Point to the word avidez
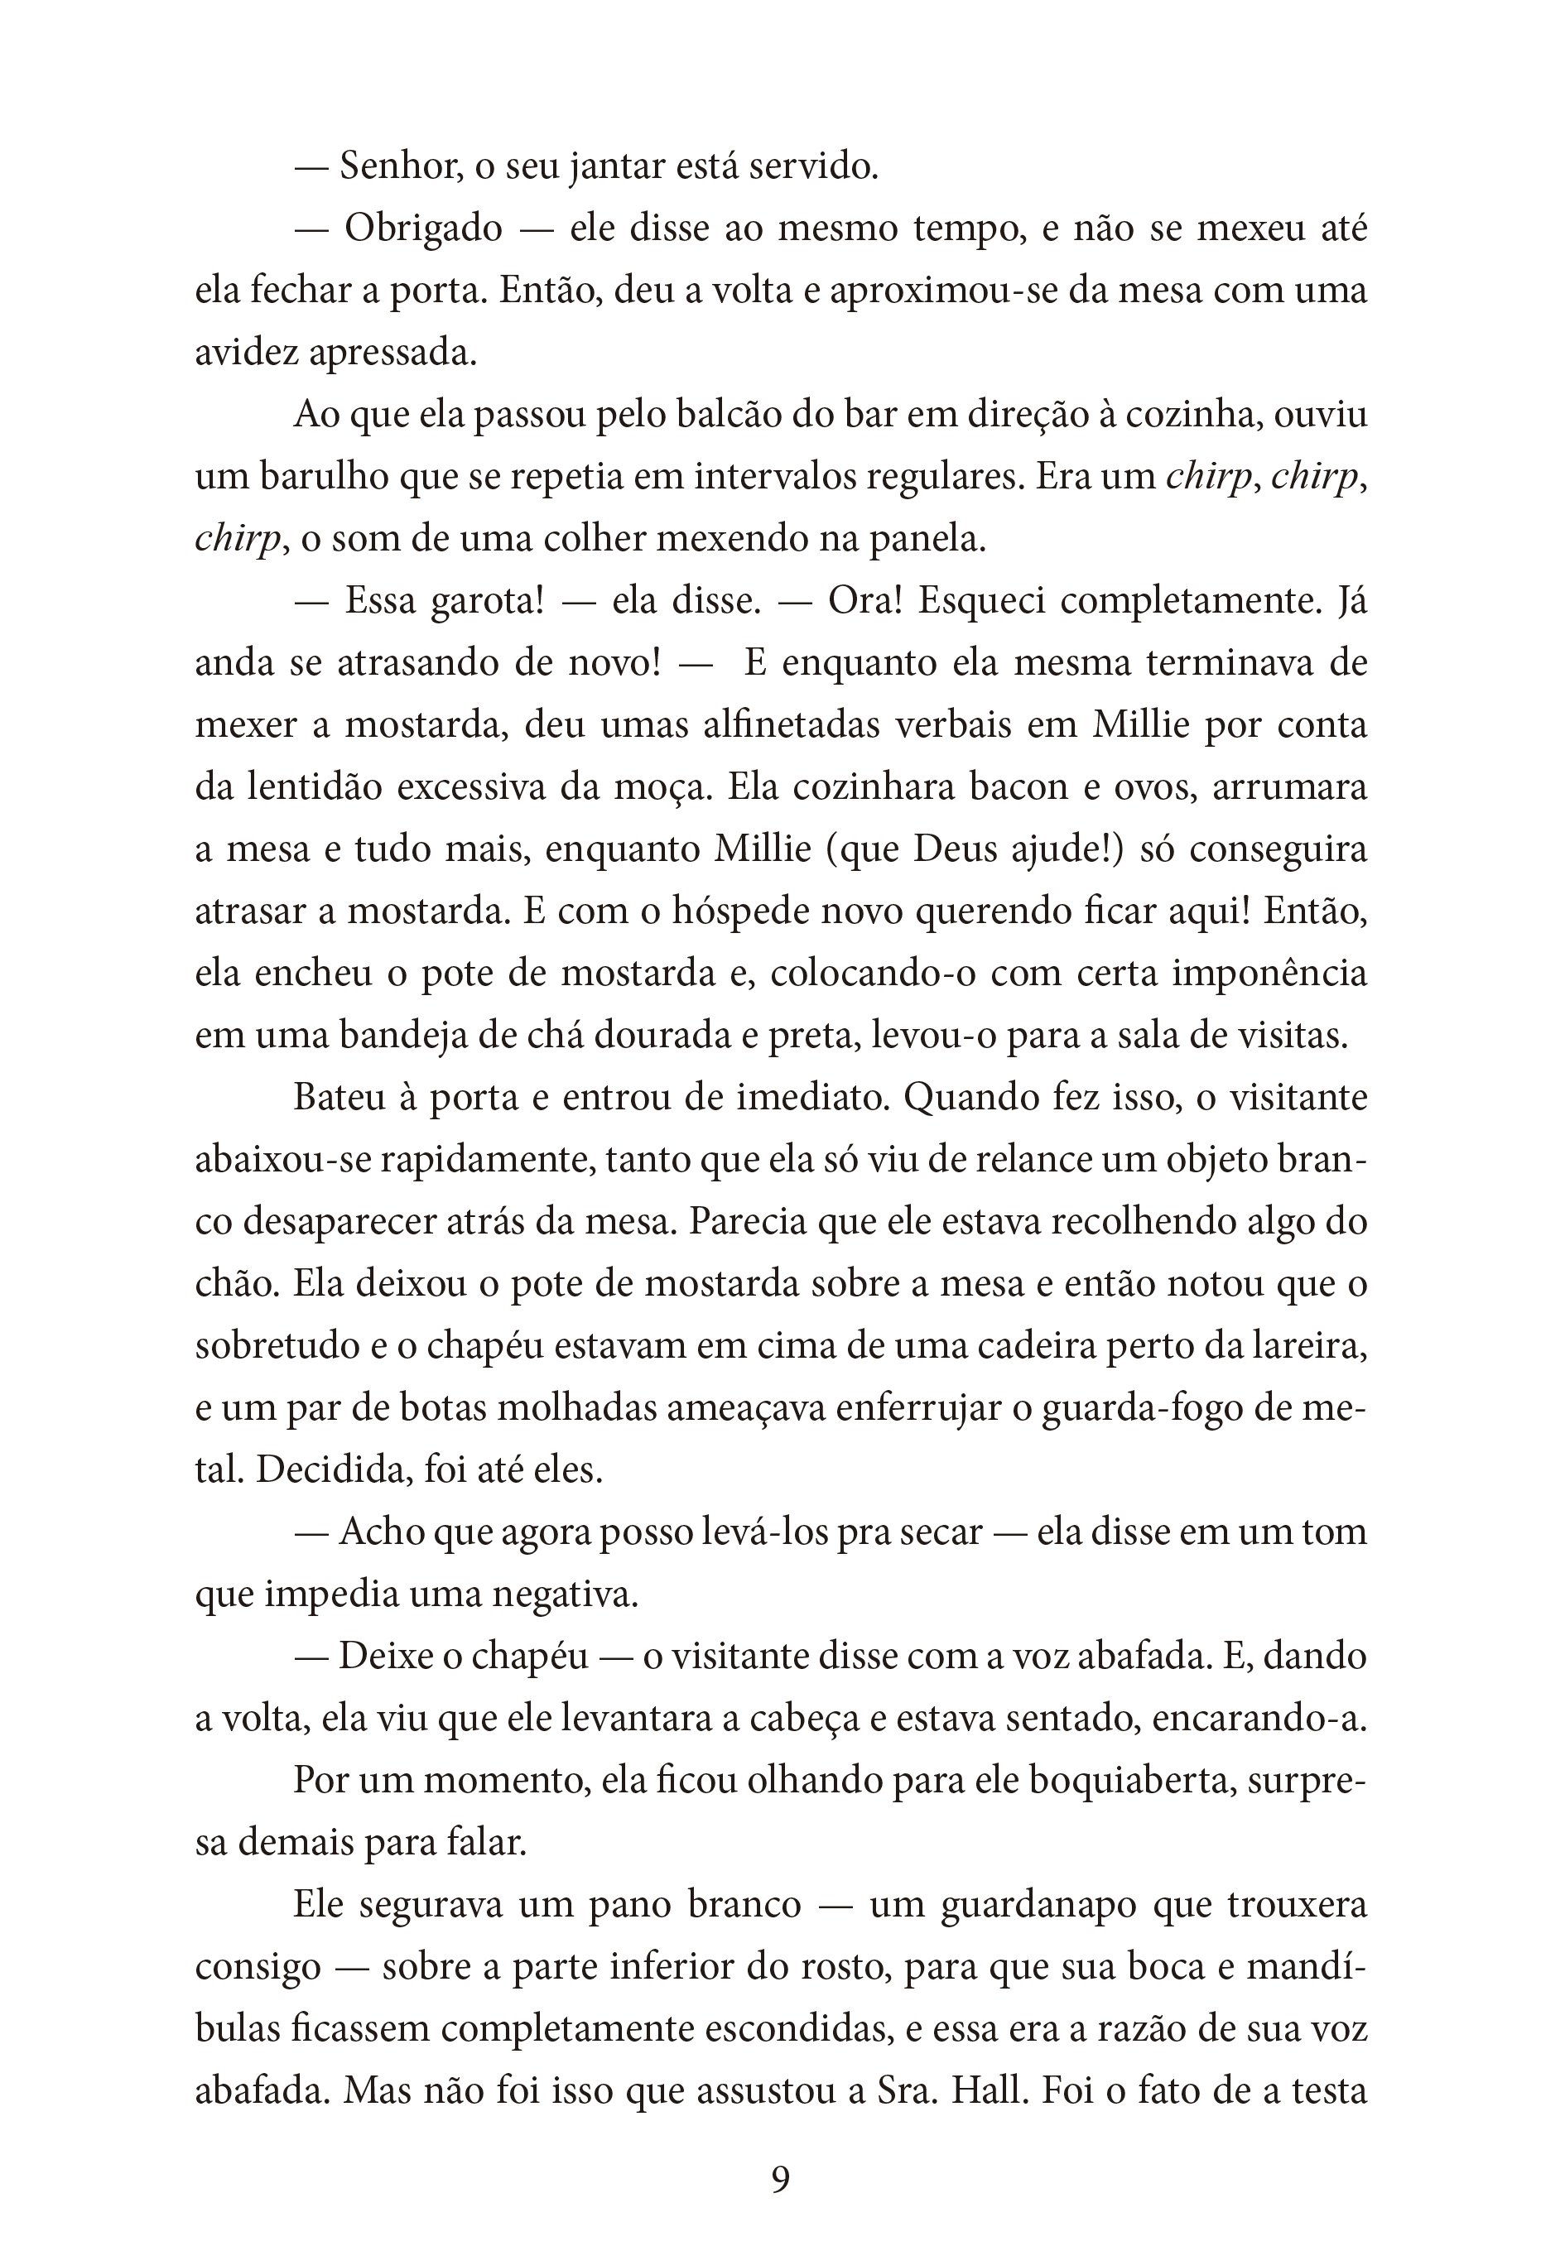[x=247, y=353]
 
